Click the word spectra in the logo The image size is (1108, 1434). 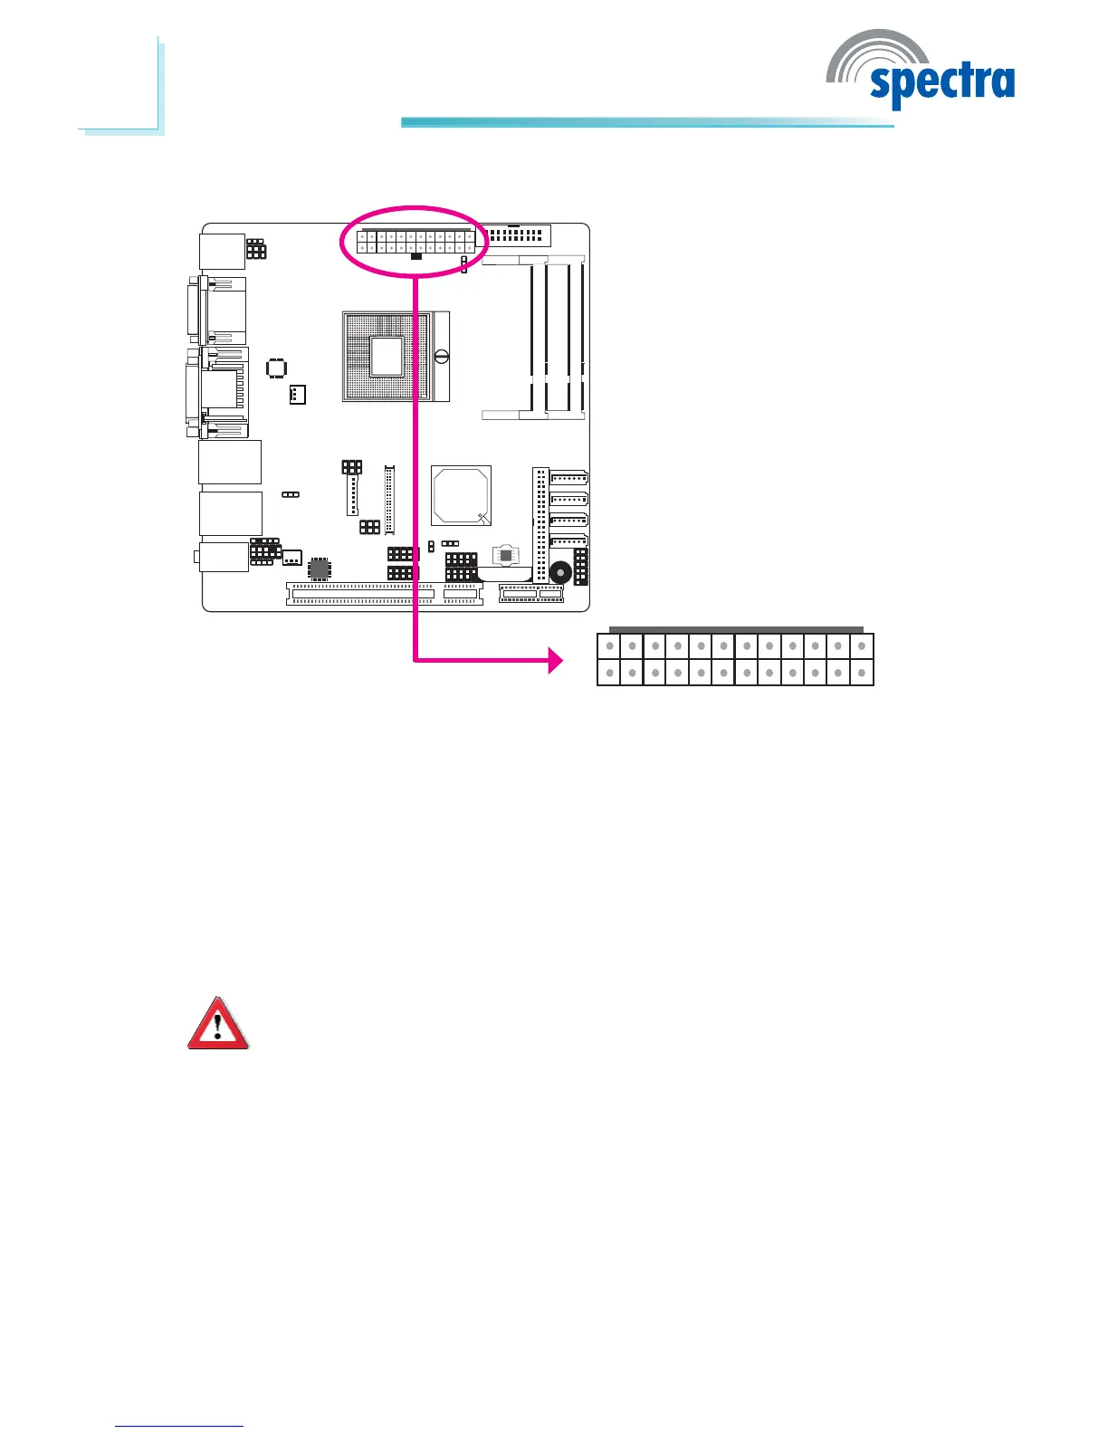coord(941,83)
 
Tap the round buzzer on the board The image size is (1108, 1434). coord(560,572)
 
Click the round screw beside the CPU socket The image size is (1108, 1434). coord(442,356)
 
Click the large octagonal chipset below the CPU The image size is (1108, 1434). coord(462,495)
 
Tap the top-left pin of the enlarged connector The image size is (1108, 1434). coord(609,646)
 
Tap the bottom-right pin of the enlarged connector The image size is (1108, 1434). coord(862,673)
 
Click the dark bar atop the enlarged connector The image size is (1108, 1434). coord(736,629)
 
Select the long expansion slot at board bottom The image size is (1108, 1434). coord(360,594)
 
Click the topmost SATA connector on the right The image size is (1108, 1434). coord(568,478)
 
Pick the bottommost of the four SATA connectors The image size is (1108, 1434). coord(568,540)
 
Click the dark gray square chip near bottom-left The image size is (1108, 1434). coord(319,569)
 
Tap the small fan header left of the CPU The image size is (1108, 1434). coord(297,395)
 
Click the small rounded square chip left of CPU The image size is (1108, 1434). coord(277,368)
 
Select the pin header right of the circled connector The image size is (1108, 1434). coord(515,235)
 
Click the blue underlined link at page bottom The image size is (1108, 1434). coord(179,1426)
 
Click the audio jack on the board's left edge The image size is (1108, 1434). coord(223,556)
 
